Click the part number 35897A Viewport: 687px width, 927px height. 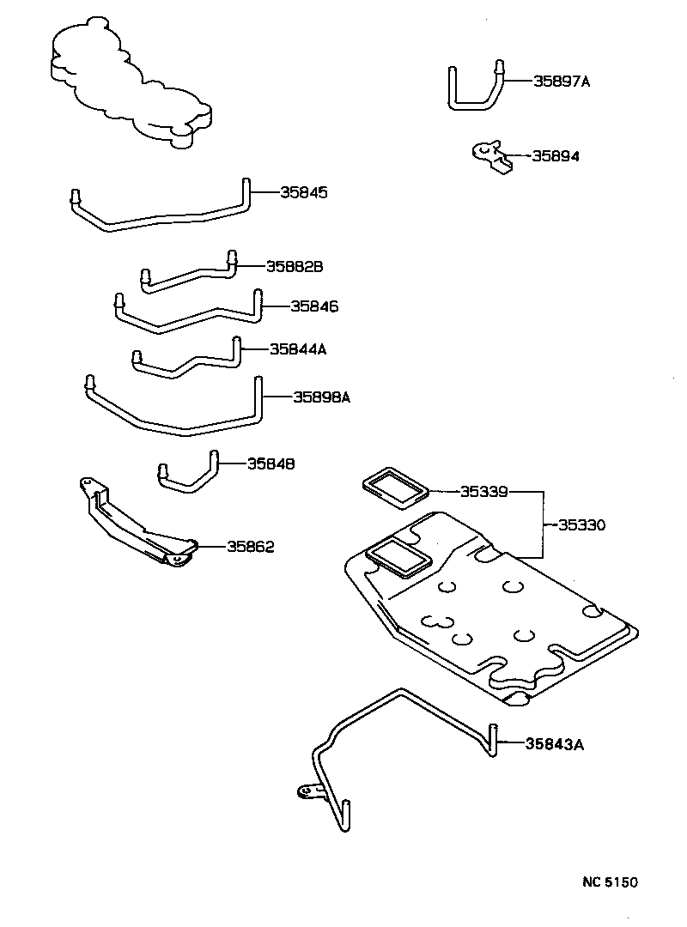point(562,82)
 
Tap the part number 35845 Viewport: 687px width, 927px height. point(304,192)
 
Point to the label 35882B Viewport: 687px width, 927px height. point(294,267)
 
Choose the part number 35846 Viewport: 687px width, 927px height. point(314,306)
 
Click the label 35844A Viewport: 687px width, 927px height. point(298,349)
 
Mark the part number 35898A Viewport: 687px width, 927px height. point(322,397)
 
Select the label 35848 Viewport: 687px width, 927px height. point(271,463)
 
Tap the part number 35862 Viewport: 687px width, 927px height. point(251,546)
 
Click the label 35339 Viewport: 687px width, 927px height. point(484,492)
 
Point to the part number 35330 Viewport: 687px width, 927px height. point(581,524)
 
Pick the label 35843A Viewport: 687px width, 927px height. point(555,744)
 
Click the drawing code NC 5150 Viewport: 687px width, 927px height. point(606,882)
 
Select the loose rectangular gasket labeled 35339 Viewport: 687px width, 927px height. point(394,488)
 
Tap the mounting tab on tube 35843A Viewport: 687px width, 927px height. point(306,790)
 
